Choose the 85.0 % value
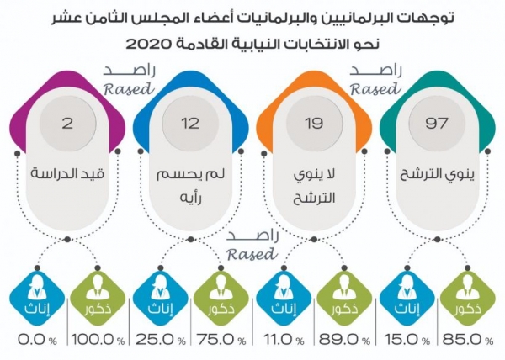pyautogui.click(x=470, y=338)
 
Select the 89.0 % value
pyautogui.click(x=344, y=338)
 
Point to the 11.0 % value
pyautogui.click(x=284, y=338)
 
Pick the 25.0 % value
pyautogui.click(x=158, y=338)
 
